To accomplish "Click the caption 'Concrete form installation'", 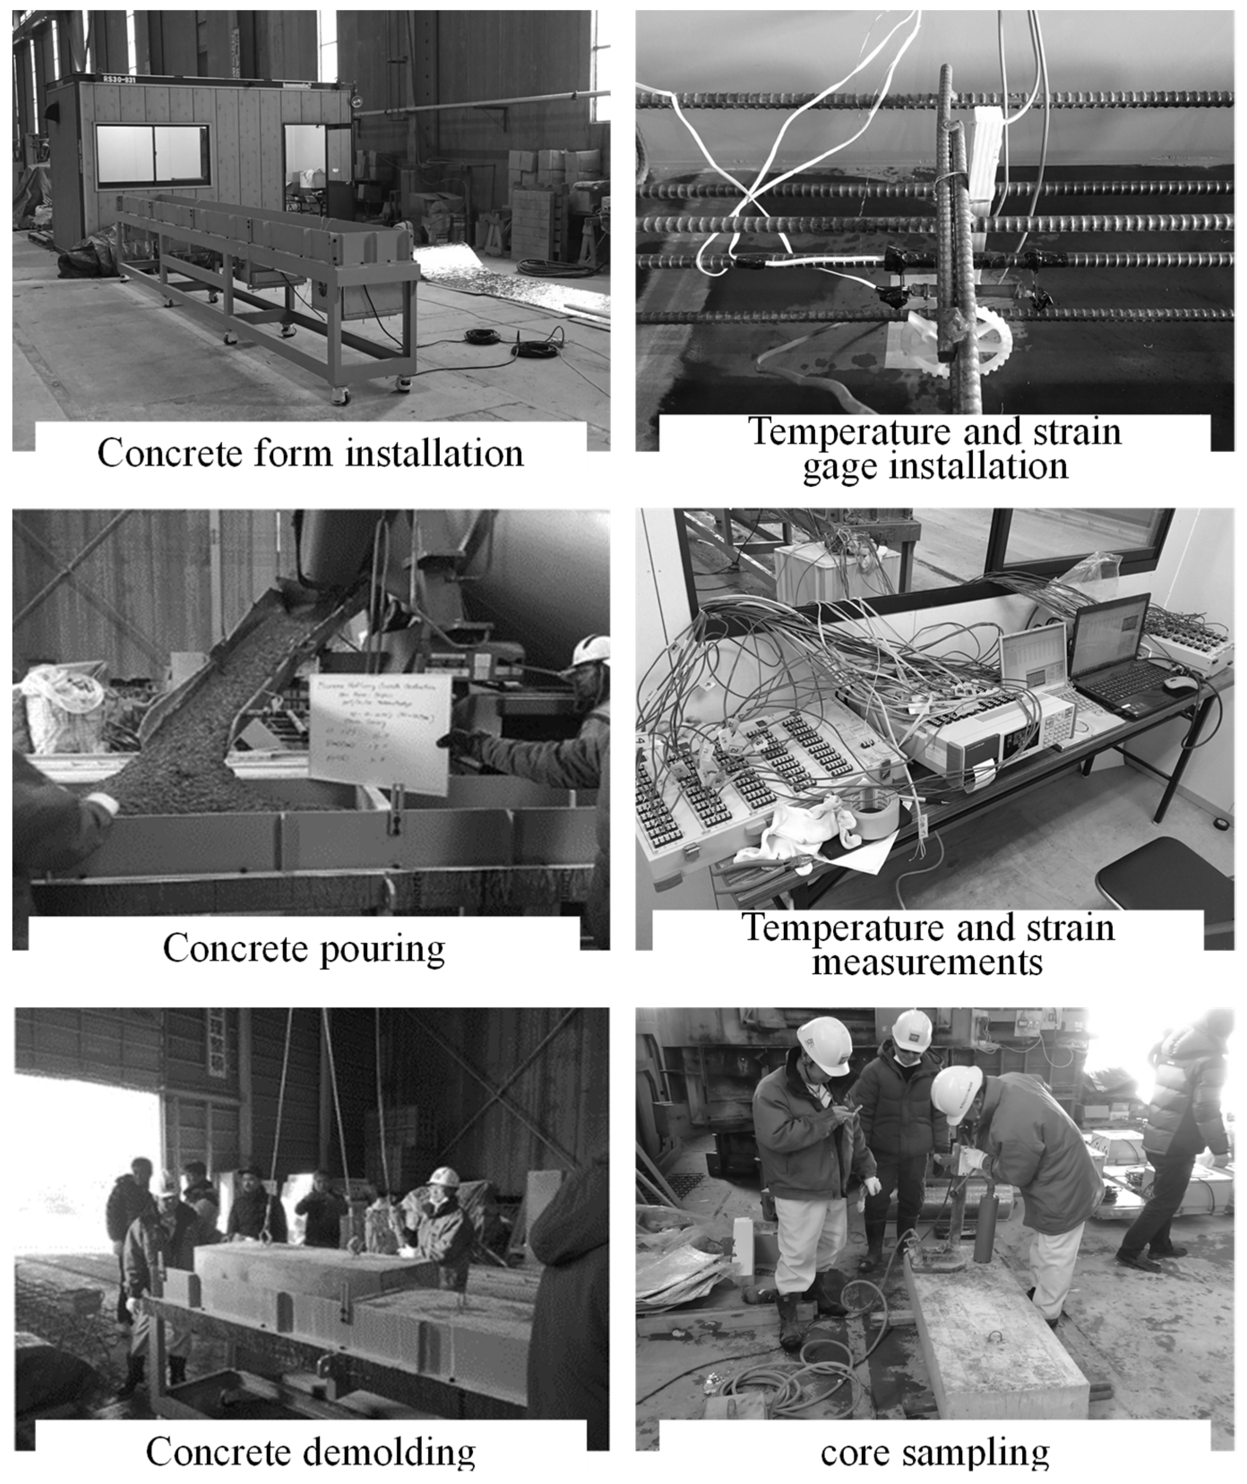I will pyautogui.click(x=310, y=453).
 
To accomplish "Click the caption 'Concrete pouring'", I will pyautogui.click(x=304, y=948).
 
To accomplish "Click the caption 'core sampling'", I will pyautogui.click(x=934, y=1453).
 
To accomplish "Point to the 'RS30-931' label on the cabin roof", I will pyautogui.click(x=118, y=80).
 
